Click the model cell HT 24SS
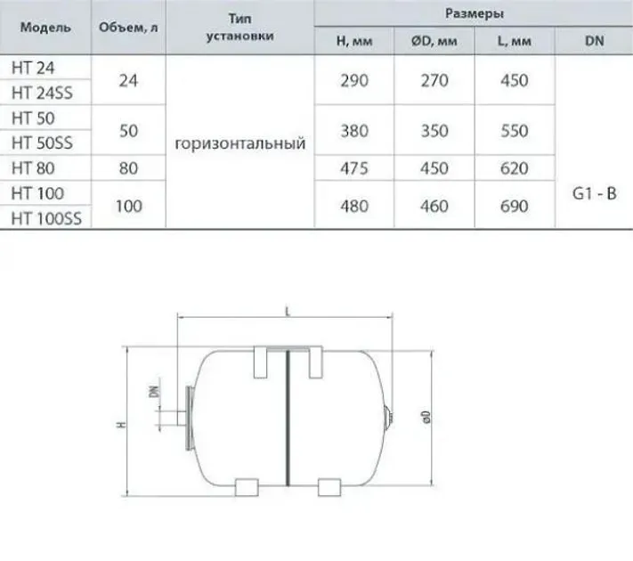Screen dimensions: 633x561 [42, 93]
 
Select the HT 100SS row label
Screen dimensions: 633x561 [46, 218]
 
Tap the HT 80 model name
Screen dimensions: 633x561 [33, 168]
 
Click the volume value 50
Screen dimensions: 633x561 [129, 131]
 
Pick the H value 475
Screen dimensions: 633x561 [354, 168]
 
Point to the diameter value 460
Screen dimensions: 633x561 [434, 206]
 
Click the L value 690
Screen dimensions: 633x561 [514, 206]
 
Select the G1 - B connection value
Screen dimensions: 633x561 [594, 194]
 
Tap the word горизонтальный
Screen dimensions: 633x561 [240, 143]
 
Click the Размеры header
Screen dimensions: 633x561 [475, 13]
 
